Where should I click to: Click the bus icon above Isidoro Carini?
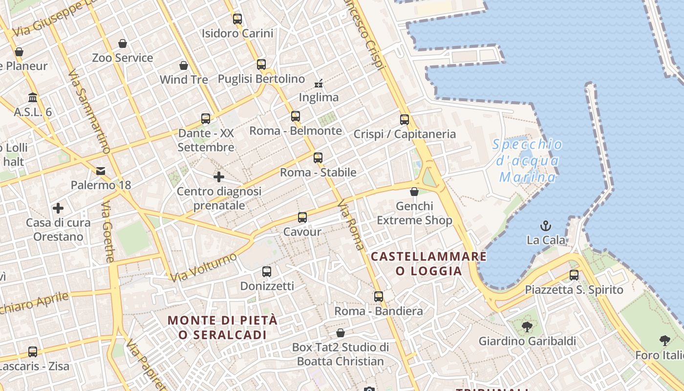pos(237,19)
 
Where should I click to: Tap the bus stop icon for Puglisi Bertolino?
pos(261,64)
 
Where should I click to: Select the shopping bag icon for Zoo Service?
pos(123,43)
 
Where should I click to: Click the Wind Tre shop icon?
pos(184,65)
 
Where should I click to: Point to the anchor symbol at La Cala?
pos(545,225)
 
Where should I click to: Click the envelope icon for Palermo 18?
pos(101,171)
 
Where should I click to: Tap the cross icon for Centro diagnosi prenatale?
pos(219,176)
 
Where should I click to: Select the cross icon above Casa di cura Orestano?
pos(58,208)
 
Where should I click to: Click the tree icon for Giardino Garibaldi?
pos(527,326)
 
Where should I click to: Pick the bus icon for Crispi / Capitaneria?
pos(405,119)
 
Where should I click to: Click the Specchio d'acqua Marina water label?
pos(527,160)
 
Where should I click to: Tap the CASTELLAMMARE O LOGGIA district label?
pos(429,263)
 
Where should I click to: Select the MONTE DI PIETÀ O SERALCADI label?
pos(223,327)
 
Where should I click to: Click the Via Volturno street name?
pos(203,267)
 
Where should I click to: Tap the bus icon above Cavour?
pos(302,217)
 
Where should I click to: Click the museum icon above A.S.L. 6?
pos(33,97)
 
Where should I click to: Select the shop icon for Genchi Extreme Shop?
pos(414,192)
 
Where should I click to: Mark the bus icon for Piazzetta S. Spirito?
pos(574,275)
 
